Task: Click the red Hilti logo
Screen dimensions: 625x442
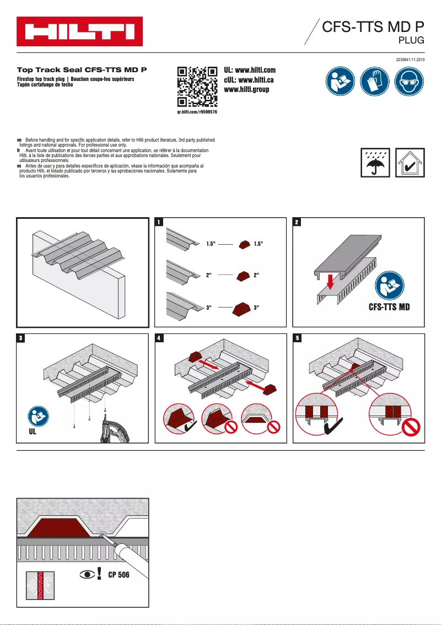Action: point(79,31)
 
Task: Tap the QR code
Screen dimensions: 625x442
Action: point(197,87)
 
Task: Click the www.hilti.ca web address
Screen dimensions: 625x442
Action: point(249,80)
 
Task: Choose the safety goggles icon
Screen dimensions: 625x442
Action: point(409,82)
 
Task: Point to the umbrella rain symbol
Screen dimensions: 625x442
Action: point(376,163)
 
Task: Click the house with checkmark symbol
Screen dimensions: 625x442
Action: point(410,163)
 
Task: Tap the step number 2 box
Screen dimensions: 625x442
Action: point(297,223)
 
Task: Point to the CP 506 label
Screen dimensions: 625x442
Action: point(118,575)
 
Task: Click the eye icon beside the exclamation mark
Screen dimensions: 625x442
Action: point(88,575)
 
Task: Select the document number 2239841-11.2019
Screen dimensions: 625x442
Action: point(411,59)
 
